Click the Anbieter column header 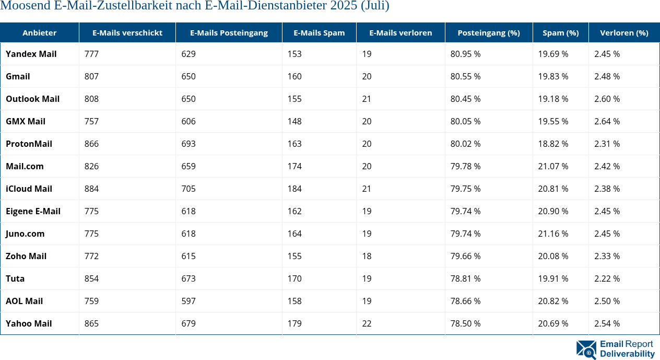click(x=39, y=33)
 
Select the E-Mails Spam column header click(x=319, y=33)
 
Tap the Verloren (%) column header click(x=624, y=33)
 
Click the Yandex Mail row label click(x=31, y=54)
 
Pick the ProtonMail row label click(x=29, y=144)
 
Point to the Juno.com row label click(x=25, y=234)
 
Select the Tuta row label click(x=15, y=278)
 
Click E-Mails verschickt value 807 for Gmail click(x=91, y=76)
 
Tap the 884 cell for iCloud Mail click(x=91, y=189)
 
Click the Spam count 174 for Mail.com click(x=294, y=166)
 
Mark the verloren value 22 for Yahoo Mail click(x=367, y=323)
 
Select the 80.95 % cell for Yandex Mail click(x=465, y=54)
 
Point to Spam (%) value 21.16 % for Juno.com click(x=553, y=234)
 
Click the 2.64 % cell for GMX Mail click(x=607, y=121)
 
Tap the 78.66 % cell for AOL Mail click(x=465, y=301)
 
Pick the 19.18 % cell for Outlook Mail click(x=553, y=99)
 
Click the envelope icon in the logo click(x=586, y=350)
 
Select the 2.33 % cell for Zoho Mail click(x=607, y=256)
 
